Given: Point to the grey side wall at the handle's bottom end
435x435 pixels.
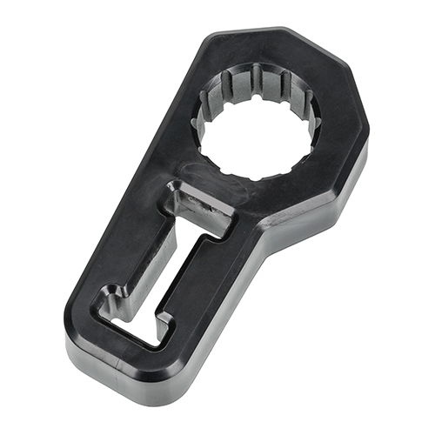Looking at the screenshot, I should [x=130, y=374].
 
